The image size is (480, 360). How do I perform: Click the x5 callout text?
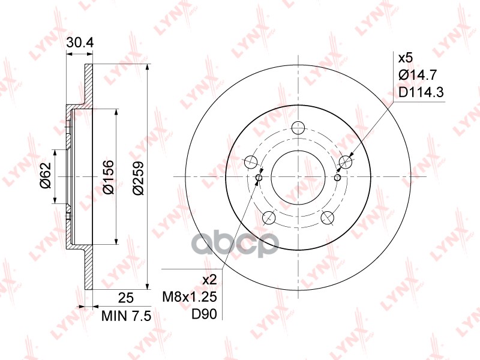click(x=406, y=58)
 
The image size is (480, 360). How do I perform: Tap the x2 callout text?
click(x=209, y=280)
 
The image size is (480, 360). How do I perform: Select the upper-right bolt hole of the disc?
click(x=345, y=161)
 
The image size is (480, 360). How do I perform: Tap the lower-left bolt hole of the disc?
click(x=269, y=217)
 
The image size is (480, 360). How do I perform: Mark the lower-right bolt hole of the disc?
click(x=327, y=217)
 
